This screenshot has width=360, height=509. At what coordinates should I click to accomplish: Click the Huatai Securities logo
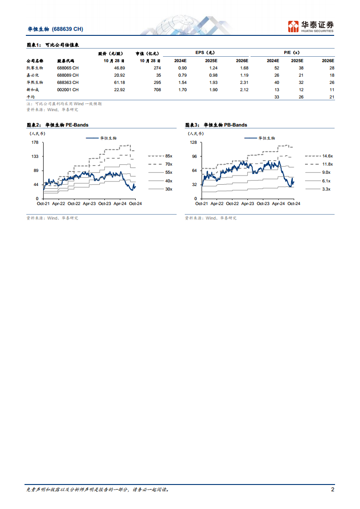311,27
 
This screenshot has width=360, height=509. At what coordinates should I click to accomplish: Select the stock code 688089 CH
68,75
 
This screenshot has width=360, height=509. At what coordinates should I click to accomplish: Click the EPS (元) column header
206,53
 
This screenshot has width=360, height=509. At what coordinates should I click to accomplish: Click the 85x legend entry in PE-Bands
168,156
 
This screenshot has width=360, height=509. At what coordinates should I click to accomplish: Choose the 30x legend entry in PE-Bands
168,189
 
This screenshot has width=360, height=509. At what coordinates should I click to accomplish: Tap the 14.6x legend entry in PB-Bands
327,156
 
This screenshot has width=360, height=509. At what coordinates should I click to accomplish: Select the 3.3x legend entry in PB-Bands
326,189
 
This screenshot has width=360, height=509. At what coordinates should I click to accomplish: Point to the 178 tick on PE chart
35,142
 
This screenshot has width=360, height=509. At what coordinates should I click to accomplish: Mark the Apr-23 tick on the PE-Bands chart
89,204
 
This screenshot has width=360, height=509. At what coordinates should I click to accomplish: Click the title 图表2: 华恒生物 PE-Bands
57,125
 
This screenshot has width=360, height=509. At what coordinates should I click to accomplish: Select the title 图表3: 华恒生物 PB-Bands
216,125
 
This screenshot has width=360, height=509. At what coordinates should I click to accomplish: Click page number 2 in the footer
332,489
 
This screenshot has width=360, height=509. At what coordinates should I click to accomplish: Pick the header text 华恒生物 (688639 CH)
55,29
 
